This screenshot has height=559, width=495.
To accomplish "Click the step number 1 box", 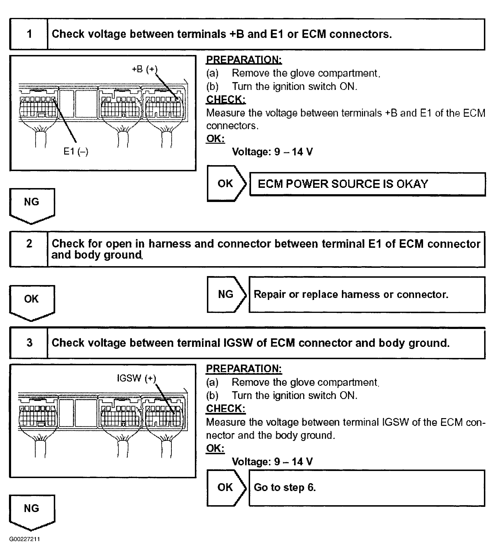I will tap(29, 34).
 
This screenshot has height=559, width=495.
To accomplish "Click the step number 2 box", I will tap(29, 249).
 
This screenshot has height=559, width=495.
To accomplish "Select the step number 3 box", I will tap(29, 343).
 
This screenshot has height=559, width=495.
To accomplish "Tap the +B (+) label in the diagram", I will tap(144, 69).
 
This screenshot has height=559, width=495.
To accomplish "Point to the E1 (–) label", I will tap(76, 151).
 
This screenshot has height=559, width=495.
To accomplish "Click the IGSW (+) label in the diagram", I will tap(136, 378).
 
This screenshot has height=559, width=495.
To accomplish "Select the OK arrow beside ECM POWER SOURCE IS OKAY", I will tap(226, 184).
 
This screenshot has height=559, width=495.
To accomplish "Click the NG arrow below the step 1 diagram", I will tap(32, 205).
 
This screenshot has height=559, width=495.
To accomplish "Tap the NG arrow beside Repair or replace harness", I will tap(226, 294).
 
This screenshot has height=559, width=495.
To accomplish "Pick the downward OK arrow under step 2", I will tap(32, 301).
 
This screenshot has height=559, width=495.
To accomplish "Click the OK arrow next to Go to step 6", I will tap(226, 487).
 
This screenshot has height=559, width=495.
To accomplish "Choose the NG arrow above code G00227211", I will tap(32, 511).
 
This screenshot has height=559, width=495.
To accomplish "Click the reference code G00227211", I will tap(25, 539).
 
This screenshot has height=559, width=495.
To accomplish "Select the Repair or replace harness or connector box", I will tap(366, 294).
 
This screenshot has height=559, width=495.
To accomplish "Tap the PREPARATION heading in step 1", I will tap(244, 59).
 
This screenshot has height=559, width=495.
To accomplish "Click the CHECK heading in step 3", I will tap(226, 408).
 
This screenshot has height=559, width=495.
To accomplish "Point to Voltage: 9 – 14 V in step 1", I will tap(272, 152).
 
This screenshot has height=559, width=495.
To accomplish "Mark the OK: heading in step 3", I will tap(215, 449).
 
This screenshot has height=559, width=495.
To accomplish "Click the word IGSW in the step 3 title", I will tap(238, 343).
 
